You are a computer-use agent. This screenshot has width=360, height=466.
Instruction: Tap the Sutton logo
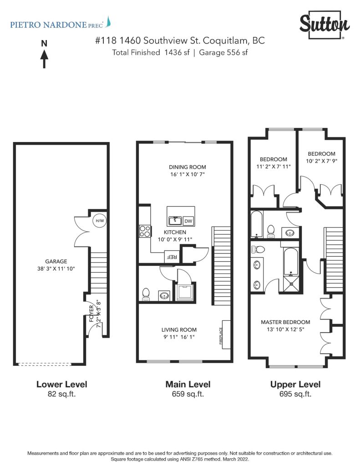coord(325,25)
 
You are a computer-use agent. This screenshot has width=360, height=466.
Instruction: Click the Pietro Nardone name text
coord(56,25)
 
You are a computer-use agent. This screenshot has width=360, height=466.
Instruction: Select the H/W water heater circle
coord(100,221)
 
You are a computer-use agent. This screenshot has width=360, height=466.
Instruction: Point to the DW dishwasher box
coord(188,221)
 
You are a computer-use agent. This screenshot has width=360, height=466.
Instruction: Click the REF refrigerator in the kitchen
coord(172,257)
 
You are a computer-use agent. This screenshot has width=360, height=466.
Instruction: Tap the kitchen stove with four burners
coord(145,231)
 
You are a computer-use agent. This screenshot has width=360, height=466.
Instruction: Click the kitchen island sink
coord(175,221)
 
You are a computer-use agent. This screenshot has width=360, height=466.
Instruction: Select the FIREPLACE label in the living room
coord(221,335)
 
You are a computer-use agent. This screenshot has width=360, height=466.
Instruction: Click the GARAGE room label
coord(56,262)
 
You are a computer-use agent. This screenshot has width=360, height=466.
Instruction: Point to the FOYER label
coord(91,313)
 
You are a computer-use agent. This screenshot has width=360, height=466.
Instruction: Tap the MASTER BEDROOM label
coord(285,322)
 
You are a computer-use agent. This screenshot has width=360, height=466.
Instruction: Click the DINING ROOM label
coord(188,167)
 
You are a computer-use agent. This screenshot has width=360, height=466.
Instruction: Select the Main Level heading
coord(188,384)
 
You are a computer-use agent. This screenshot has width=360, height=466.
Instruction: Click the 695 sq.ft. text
coord(295,394)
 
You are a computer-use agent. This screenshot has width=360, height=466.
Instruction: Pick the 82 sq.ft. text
coord(61,394)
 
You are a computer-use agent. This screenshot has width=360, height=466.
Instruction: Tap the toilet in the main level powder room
coord(146,294)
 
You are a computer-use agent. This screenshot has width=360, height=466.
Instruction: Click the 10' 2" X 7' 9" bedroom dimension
coord(321,161)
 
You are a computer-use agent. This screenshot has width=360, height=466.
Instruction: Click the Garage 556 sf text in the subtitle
coord(223,53)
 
